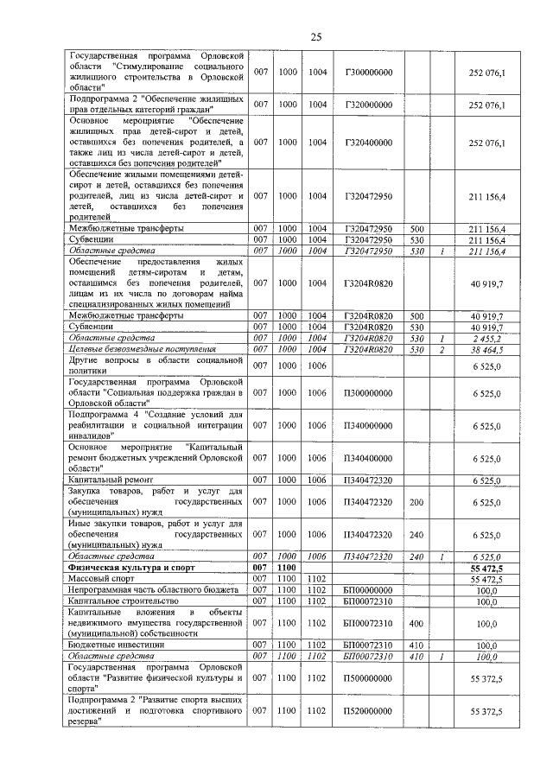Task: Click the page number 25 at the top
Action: pyautogui.click(x=316, y=36)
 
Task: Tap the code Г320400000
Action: pyautogui.click(x=369, y=142)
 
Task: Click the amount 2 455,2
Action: pyautogui.click(x=486, y=339)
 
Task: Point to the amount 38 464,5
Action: pyautogui.click(x=486, y=349)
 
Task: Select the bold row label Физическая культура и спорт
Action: pyautogui.click(x=121, y=568)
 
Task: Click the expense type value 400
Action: pyautogui.click(x=416, y=622)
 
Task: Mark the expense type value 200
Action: pyautogui.click(x=416, y=501)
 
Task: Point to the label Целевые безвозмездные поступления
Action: pyautogui.click(x=142, y=349)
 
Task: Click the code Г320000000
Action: pyautogui.click(x=369, y=105)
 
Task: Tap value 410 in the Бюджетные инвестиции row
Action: pyautogui.click(x=416, y=645)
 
